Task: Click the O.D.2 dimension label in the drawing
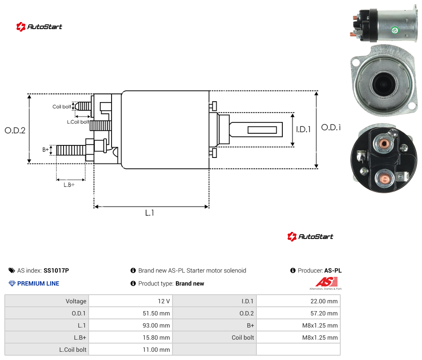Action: click(15, 131)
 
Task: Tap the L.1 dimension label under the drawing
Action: click(150, 213)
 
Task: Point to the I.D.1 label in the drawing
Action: click(304, 129)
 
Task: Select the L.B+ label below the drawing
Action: click(69, 185)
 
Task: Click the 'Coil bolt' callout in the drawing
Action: click(62, 106)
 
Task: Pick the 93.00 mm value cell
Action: click(131, 325)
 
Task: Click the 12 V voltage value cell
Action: click(131, 301)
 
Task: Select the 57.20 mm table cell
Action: click(298, 313)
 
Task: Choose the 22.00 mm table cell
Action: click(298, 301)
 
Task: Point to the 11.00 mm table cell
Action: click(131, 350)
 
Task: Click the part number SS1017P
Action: click(56, 270)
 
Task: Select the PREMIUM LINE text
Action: click(38, 283)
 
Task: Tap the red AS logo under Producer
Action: click(326, 282)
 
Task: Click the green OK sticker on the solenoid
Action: click(395, 30)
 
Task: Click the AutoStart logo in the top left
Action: click(39, 27)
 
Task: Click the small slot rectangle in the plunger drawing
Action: click(262, 130)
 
